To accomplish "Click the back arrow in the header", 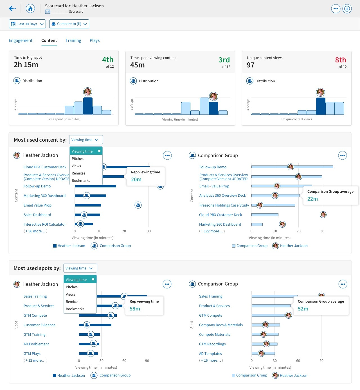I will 12,9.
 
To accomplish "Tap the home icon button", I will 30,9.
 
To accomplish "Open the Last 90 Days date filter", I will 27,24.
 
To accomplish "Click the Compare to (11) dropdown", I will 69,24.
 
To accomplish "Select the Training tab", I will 73,40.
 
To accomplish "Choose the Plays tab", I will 94,40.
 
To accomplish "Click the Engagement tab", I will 21,40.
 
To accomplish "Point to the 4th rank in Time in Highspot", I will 108,60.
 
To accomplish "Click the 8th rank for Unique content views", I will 340,60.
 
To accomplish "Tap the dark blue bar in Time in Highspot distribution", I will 88,106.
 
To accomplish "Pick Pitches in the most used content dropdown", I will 78,159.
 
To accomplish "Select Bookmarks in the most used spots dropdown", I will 75,309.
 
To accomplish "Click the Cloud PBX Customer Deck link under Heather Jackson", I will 45,167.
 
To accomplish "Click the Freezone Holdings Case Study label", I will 224,205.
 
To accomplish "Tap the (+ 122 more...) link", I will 212,231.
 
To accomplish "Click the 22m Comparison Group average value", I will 312,199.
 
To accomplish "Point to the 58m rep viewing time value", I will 135,309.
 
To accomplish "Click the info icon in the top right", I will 347,9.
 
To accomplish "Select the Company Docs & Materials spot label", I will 221,325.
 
